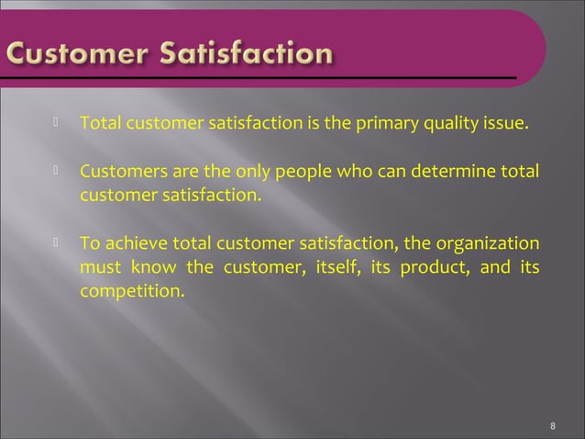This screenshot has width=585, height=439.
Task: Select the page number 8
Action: pos(553,426)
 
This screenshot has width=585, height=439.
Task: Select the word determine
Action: pos(444,172)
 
